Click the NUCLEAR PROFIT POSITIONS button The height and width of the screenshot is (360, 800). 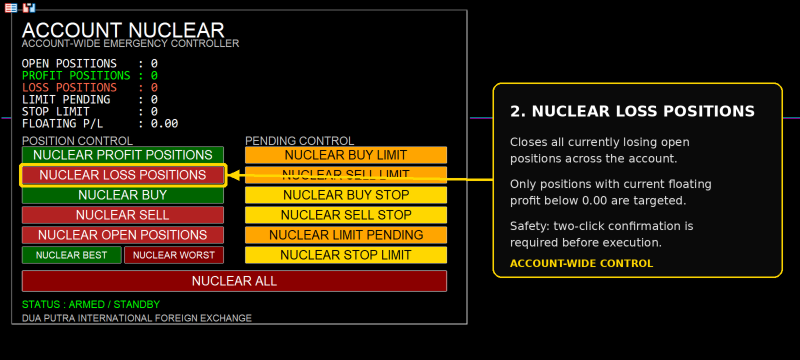(123, 155)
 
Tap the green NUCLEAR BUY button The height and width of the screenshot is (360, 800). (123, 195)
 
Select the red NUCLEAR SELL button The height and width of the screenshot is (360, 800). (123, 215)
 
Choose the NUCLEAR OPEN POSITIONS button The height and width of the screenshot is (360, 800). (123, 235)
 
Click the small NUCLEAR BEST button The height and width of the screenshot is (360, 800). (71, 255)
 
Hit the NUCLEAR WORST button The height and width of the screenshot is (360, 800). (174, 255)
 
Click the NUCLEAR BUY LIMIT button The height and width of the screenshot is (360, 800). (345, 155)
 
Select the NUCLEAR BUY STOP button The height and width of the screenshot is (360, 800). (345, 195)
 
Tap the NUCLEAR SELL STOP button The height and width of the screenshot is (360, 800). (345, 215)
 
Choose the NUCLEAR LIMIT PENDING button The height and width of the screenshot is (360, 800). (345, 235)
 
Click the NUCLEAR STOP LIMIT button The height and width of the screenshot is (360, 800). (345, 255)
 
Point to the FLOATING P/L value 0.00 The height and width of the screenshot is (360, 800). (164, 123)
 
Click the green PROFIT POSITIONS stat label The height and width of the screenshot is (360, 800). (76, 75)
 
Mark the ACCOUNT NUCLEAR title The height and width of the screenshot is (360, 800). (123, 30)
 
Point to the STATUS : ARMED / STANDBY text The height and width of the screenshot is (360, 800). (90, 304)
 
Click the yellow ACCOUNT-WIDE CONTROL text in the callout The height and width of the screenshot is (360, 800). (581, 263)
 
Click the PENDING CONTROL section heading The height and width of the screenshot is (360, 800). (299, 140)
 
